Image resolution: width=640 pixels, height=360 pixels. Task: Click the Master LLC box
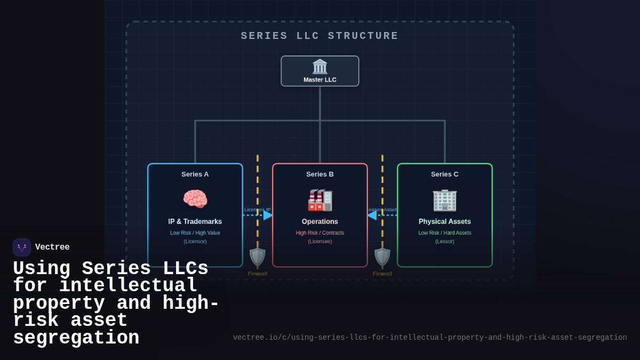click(x=320, y=71)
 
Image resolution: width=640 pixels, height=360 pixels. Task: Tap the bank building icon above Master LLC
click(x=320, y=67)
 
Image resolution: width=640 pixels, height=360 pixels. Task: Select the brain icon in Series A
click(x=195, y=199)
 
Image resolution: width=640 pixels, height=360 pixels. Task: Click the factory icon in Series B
click(x=320, y=200)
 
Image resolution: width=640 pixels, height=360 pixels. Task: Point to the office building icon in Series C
click(x=445, y=200)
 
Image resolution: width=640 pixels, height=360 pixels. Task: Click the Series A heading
click(x=195, y=174)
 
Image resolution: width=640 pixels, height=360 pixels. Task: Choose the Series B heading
click(x=320, y=174)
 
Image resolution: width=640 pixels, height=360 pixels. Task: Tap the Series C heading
click(x=445, y=174)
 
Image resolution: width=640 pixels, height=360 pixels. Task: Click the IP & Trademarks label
click(x=195, y=221)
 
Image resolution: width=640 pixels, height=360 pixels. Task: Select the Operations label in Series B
click(x=320, y=221)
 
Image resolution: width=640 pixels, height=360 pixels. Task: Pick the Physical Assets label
click(x=445, y=221)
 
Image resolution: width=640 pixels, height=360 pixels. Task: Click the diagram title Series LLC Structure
click(x=320, y=36)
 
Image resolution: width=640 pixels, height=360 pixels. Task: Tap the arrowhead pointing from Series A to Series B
click(x=268, y=215)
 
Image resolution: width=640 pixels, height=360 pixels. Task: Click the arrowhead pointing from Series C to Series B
click(x=372, y=215)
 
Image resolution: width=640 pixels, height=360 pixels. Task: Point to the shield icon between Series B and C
click(x=382, y=257)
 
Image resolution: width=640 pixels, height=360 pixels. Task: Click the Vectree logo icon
click(x=22, y=247)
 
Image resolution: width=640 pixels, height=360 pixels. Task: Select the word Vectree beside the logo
click(x=52, y=247)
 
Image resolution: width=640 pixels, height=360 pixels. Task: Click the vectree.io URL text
click(x=430, y=338)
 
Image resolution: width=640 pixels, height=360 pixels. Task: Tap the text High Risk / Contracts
click(x=320, y=233)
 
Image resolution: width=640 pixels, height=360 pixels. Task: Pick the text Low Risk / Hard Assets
click(x=445, y=233)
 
